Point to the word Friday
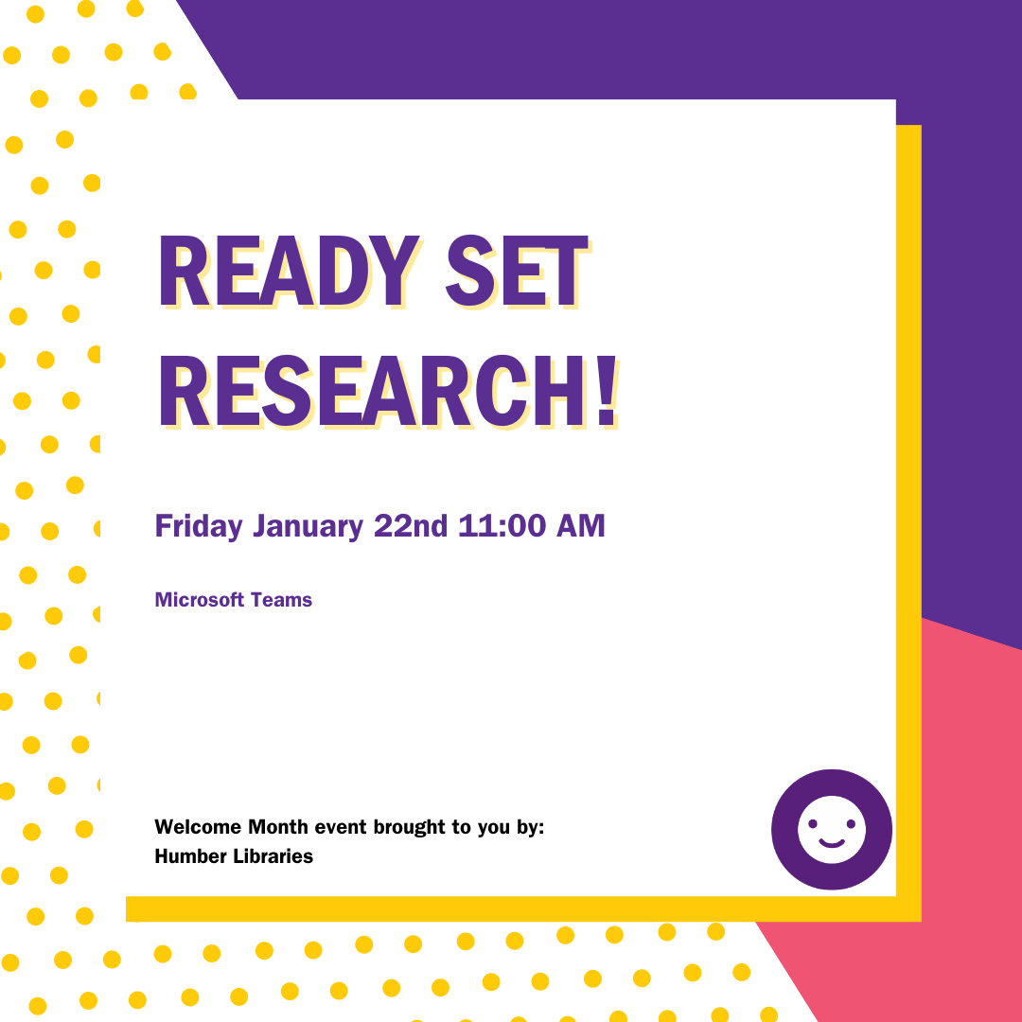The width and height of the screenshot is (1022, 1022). coord(199,526)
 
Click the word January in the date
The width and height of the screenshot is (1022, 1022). coord(308,526)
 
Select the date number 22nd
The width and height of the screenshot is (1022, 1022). coord(410,526)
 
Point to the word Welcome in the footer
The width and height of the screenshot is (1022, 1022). coord(197,827)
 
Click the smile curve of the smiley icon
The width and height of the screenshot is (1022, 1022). coord(832,842)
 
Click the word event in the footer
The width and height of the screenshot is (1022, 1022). coord(341,827)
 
